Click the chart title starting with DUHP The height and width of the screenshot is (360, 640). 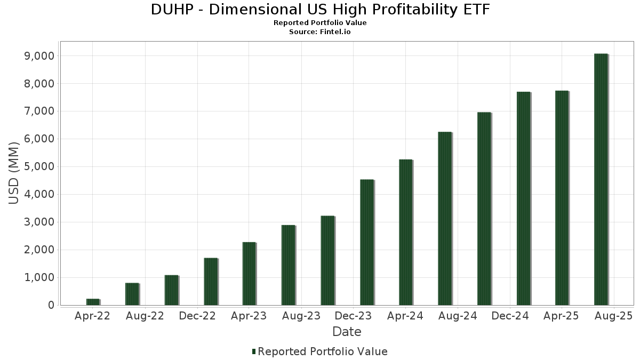click(x=320, y=10)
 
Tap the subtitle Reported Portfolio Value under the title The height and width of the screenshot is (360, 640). click(x=320, y=23)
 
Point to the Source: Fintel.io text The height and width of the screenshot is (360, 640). click(x=320, y=32)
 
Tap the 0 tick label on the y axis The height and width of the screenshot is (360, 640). click(x=51, y=305)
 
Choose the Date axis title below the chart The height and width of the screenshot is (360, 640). click(x=347, y=332)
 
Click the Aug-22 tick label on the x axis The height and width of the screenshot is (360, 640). click(x=145, y=316)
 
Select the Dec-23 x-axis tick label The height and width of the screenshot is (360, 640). click(x=354, y=316)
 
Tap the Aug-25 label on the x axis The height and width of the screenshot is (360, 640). click(x=613, y=316)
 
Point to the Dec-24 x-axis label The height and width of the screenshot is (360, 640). click(x=510, y=316)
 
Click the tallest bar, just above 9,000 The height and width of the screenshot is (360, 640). click(x=601, y=179)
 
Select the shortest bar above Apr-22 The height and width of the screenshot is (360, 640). click(x=93, y=302)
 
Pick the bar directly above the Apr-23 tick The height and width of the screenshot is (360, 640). click(x=249, y=274)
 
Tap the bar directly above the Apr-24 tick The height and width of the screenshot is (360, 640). click(x=405, y=232)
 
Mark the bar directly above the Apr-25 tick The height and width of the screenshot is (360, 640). click(x=562, y=198)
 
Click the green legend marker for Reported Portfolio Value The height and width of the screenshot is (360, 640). click(x=254, y=351)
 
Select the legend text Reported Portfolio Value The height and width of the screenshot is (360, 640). click(x=323, y=351)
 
